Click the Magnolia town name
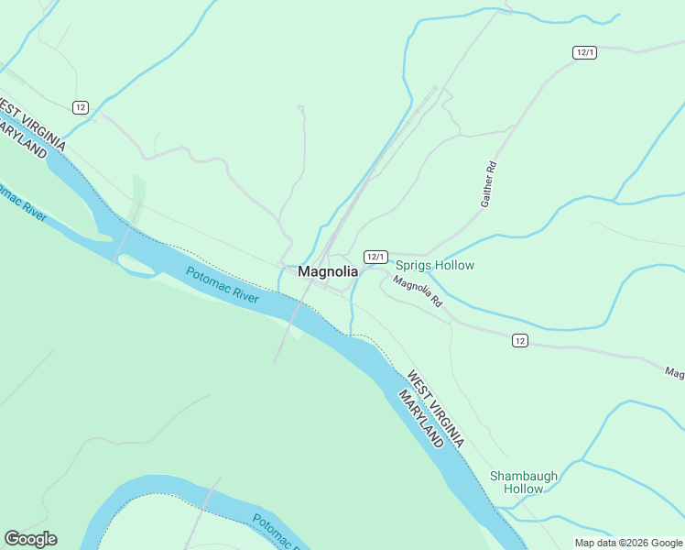(327, 272)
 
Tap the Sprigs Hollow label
(435, 266)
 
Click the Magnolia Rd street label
(418, 291)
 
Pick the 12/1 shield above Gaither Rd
(585, 52)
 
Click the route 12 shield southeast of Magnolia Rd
(519, 340)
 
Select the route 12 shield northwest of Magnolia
(82, 107)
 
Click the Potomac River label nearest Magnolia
(223, 285)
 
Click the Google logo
(30, 539)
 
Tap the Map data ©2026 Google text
(627, 543)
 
